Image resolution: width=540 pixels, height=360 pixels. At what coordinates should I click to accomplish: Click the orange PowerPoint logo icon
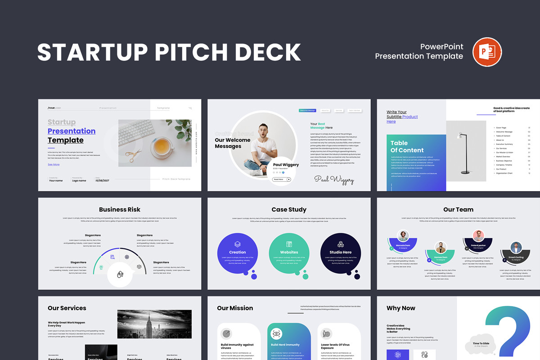coord(487,52)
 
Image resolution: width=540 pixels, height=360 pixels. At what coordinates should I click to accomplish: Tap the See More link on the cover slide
coord(54,165)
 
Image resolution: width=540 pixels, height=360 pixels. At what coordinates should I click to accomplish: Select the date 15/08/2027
coord(103,180)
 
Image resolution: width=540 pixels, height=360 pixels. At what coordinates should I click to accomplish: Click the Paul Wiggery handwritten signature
coord(334,179)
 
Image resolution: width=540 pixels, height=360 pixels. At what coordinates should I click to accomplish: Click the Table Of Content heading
coord(407,147)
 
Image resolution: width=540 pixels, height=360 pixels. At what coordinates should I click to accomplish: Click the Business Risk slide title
coord(120,209)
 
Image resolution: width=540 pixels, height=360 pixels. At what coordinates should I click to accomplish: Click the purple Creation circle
coord(237,253)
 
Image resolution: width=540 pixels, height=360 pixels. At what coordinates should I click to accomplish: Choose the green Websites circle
coord(289,253)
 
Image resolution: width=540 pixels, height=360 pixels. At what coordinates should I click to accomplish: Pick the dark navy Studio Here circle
coord(341,253)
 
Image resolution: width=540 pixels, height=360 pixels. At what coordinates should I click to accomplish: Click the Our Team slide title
coord(458,209)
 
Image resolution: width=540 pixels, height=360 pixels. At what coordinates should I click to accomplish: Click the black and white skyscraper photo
coord(154,324)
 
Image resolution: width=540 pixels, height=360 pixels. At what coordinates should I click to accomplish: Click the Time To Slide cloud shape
coord(480,345)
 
